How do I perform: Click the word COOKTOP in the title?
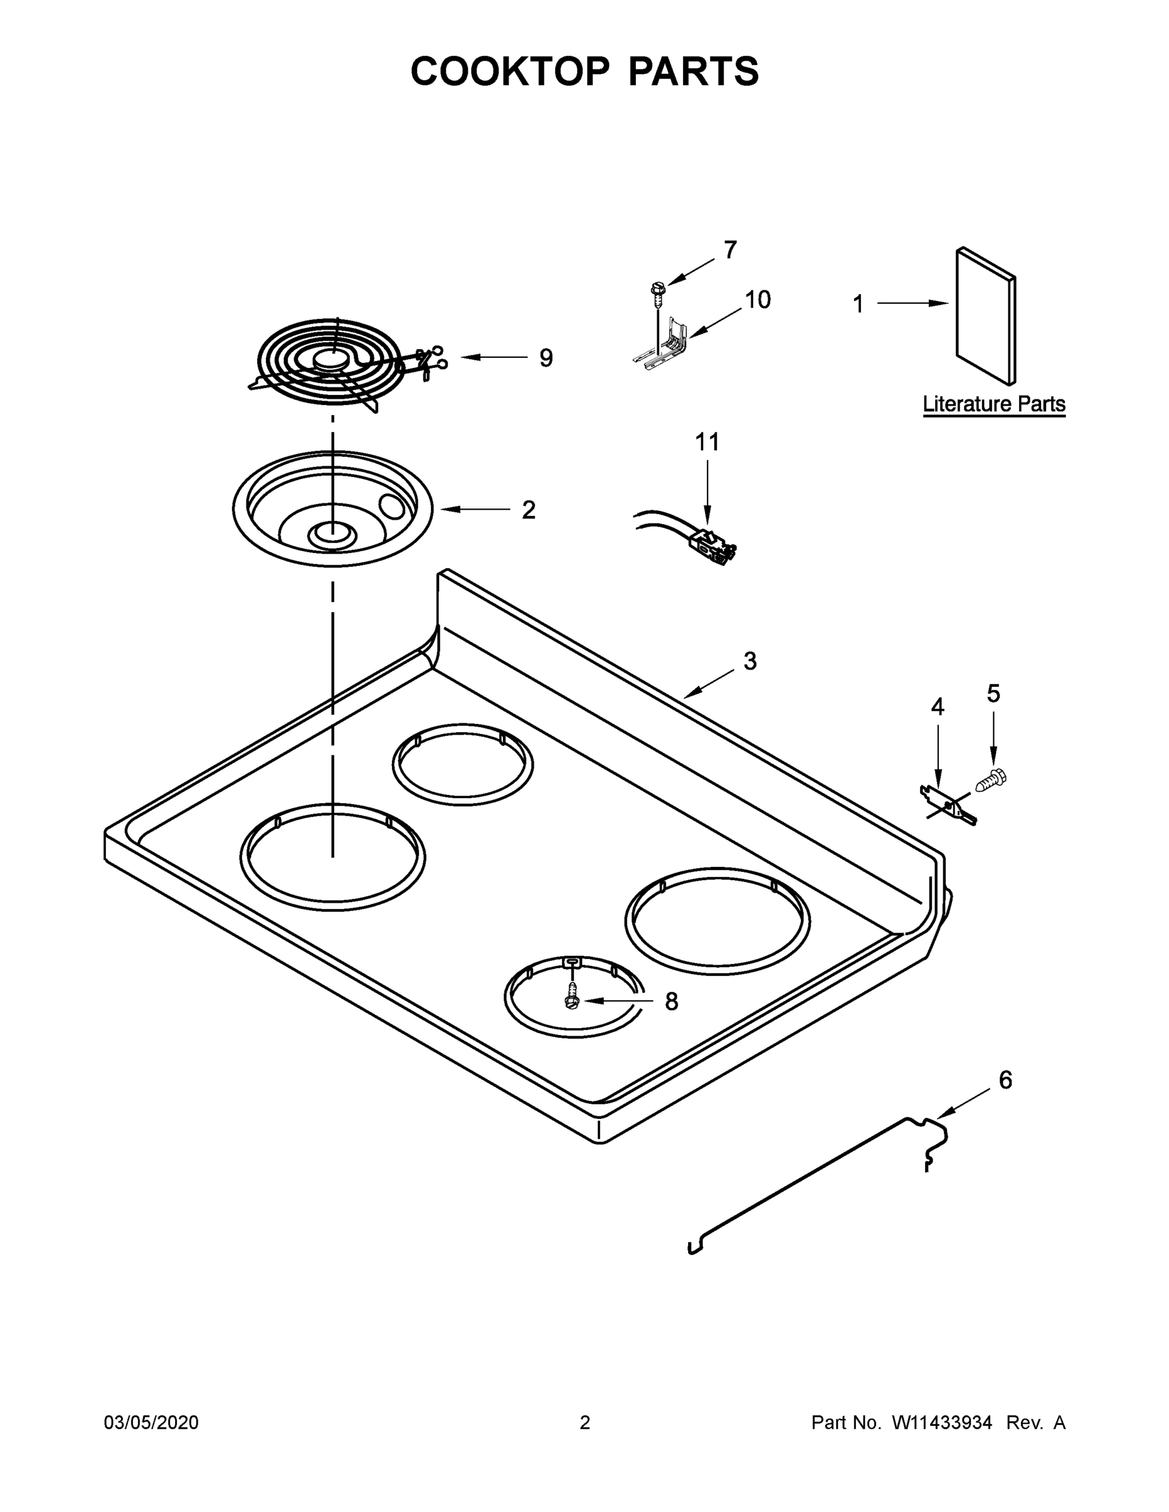[510, 71]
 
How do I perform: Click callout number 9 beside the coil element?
[546, 358]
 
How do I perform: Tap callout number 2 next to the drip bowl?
[528, 510]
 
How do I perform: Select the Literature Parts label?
[994, 404]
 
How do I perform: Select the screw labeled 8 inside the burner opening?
[572, 998]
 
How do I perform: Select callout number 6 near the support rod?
[1005, 1080]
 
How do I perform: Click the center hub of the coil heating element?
[330, 360]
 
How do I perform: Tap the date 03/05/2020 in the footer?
[151, 1423]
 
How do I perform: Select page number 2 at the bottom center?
[585, 1423]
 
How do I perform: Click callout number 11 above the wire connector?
[707, 442]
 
